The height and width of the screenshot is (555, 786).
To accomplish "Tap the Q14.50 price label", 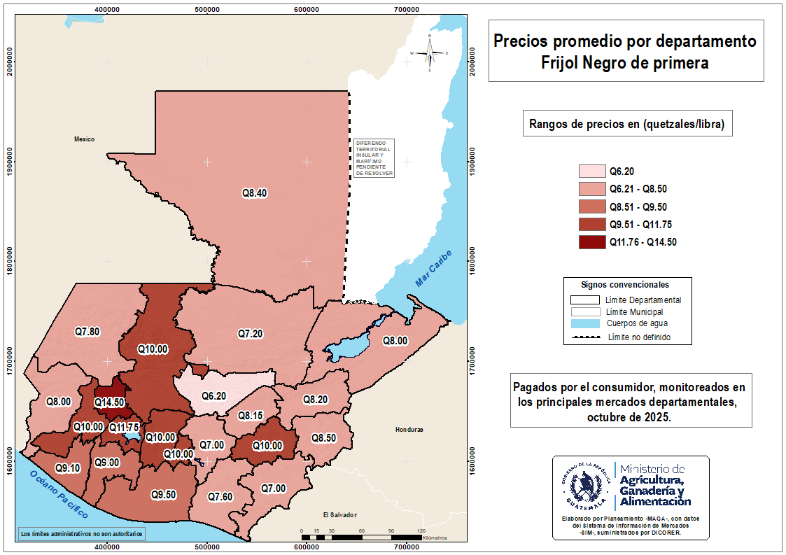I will [x=109, y=402].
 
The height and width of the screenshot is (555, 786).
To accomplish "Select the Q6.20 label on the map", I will [x=214, y=396].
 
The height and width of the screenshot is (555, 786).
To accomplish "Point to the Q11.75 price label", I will [x=125, y=428].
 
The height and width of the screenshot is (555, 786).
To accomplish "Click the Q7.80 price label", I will [x=87, y=331].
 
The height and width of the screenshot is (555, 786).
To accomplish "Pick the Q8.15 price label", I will [x=250, y=416].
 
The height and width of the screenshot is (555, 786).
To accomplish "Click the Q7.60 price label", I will [x=220, y=497].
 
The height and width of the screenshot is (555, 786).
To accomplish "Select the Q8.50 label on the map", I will [x=323, y=438].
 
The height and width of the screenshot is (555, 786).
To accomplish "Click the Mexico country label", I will [x=84, y=139].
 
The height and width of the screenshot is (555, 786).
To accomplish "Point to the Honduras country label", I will [x=409, y=430].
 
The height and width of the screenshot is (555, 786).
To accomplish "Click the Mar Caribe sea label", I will [x=434, y=268].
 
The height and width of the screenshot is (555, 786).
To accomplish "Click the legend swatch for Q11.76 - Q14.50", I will [x=591, y=242].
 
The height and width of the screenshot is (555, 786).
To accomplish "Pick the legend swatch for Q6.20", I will [x=591, y=171].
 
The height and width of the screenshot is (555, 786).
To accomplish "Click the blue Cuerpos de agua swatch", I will [x=585, y=324].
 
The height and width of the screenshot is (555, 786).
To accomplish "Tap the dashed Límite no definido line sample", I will [x=585, y=337].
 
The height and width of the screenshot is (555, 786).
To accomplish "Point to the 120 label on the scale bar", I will [x=421, y=531].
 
